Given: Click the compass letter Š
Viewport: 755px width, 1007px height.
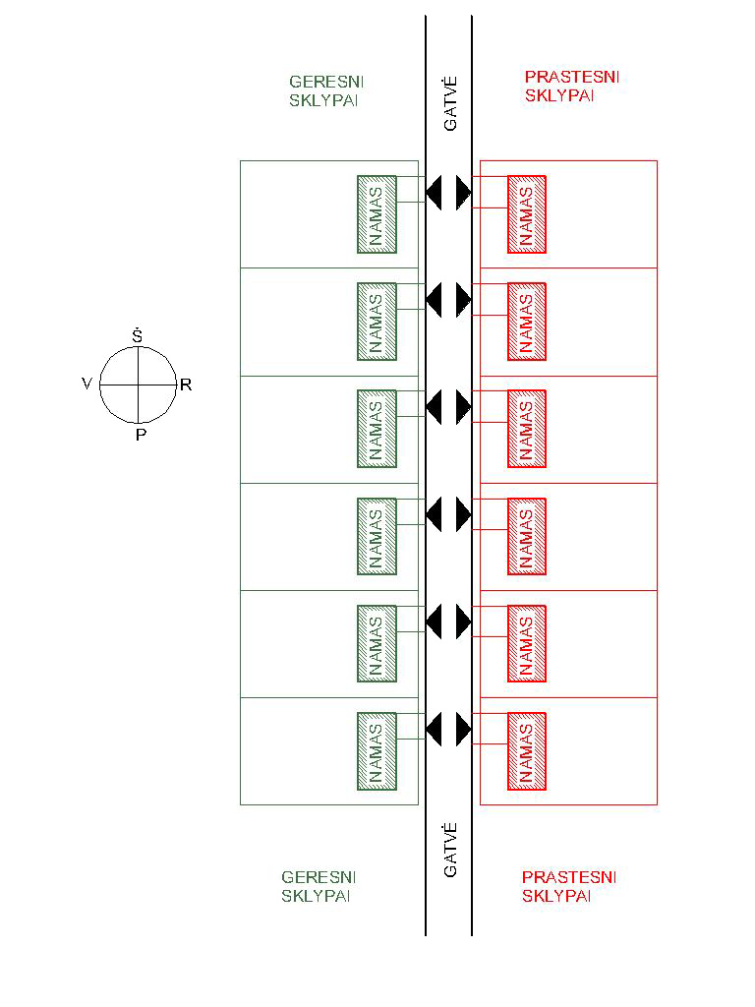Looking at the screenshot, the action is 138,335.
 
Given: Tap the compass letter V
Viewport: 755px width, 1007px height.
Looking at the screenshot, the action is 87,385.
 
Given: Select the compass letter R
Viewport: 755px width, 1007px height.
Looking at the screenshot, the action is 186,385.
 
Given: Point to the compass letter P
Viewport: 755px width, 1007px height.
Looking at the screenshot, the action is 142,435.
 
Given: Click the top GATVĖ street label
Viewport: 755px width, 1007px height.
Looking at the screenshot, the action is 450,103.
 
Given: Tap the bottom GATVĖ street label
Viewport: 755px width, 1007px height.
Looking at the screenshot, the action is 450,850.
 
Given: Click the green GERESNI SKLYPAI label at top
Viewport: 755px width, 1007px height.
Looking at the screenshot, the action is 326,91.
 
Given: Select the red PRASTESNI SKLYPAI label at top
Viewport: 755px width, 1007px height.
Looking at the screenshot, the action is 572,87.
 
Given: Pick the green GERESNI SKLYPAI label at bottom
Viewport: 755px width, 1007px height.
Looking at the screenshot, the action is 319,886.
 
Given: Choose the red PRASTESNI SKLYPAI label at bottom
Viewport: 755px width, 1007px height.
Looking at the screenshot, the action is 569,886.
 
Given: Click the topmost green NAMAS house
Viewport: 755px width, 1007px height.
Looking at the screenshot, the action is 377,214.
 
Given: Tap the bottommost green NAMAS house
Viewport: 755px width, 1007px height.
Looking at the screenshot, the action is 377,751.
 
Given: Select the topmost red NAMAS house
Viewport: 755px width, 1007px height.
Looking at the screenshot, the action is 527,214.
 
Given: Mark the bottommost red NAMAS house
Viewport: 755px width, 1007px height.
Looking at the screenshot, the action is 527,751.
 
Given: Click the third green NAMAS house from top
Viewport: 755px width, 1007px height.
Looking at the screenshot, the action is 377,429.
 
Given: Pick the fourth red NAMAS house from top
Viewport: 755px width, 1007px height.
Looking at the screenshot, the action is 527,536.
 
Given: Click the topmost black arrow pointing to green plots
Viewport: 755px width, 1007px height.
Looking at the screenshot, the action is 434,193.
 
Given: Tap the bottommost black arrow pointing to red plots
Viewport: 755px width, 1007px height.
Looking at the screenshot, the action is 464,730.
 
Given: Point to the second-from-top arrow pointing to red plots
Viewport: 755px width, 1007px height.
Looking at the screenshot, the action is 464,300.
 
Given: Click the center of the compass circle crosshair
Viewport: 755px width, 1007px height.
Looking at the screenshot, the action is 138,385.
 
